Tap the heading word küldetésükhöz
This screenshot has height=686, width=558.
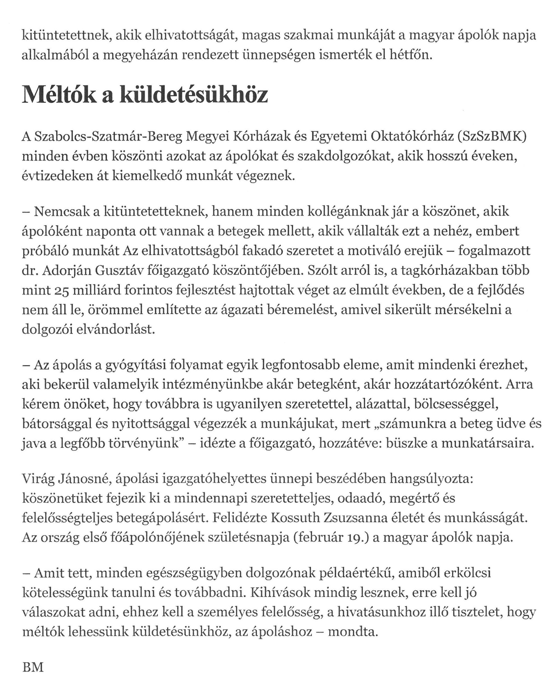194,95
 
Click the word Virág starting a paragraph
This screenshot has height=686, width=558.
38,479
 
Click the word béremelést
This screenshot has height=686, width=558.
299,310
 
